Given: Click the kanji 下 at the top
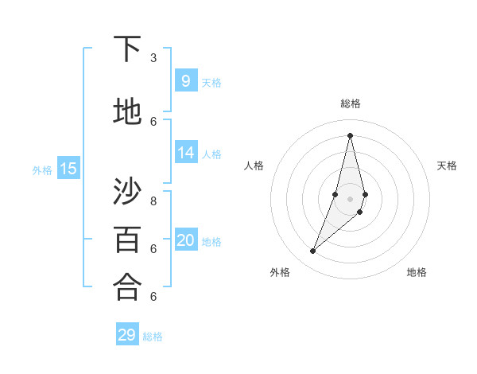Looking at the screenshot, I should (x=127, y=49).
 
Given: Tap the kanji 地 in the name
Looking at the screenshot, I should (x=127, y=112).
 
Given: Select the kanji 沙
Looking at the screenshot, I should (x=127, y=192).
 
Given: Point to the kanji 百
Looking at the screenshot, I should (x=127, y=239).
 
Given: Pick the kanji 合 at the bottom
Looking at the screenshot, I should (x=127, y=286).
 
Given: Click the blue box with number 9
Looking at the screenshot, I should (x=186, y=80).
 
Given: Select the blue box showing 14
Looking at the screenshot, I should (x=186, y=153).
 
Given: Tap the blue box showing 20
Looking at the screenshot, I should (x=186, y=240).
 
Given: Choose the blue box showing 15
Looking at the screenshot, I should (x=68, y=168).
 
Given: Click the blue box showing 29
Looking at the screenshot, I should (x=127, y=335).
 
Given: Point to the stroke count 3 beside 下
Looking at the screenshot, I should (x=153, y=58).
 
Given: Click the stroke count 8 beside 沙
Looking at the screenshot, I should (x=153, y=201).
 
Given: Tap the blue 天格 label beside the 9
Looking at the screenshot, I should (x=211, y=83).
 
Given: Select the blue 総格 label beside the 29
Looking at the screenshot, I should (x=153, y=337).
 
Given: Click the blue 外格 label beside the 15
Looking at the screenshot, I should (x=42, y=170).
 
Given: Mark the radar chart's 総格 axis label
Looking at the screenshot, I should (x=351, y=103).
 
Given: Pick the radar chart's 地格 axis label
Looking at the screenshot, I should (x=417, y=272).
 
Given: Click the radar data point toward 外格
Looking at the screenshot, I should (x=313, y=251).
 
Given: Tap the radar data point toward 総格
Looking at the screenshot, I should (x=351, y=135).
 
